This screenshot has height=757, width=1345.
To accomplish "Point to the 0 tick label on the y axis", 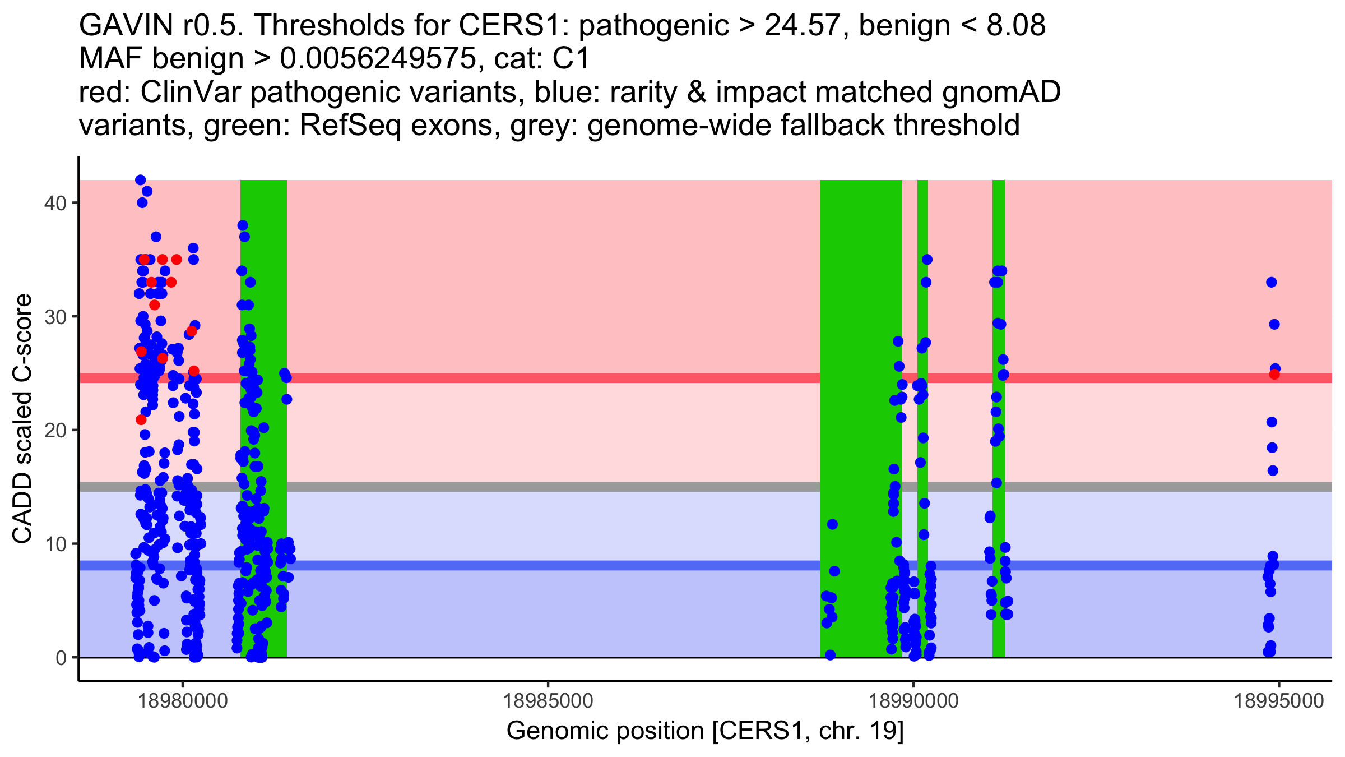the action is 61,658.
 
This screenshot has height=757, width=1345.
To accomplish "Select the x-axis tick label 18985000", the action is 548,701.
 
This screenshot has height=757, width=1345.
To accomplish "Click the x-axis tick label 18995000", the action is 1279,701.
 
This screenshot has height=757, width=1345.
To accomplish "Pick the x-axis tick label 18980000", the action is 183,701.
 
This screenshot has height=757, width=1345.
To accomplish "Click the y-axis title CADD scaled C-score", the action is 22,419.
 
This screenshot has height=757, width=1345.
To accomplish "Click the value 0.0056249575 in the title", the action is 377,58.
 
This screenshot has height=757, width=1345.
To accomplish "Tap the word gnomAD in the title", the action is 1001,92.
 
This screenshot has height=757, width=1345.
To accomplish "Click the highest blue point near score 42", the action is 141,180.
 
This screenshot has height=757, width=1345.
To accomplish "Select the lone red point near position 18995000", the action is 1274,374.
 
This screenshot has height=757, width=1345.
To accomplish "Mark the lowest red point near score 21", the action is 141,419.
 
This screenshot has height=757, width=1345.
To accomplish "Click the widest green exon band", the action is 861,419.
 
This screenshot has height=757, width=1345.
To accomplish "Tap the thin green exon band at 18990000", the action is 922,419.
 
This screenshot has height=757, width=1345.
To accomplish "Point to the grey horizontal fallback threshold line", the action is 706,487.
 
